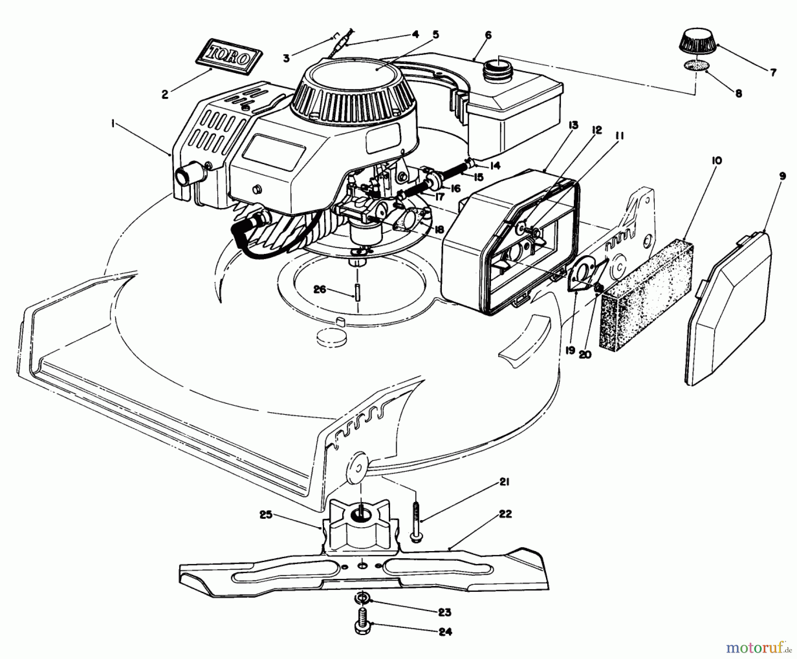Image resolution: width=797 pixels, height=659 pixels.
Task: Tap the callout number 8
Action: coord(738,94)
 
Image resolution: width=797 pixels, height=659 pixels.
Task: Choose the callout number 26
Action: coord(320,290)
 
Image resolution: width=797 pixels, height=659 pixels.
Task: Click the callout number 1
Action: coord(113,125)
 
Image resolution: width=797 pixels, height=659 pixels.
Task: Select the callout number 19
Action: coord(570,350)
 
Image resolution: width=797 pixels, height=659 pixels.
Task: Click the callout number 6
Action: coord(488,35)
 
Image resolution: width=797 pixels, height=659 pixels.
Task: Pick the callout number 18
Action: coord(439,229)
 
